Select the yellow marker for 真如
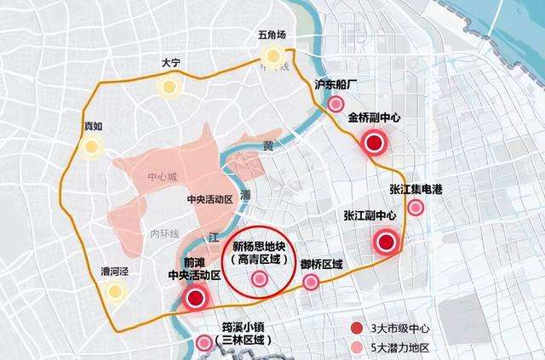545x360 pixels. [x=90, y=146]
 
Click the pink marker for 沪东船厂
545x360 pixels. [x=336, y=104]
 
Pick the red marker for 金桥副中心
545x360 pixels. [x=373, y=144]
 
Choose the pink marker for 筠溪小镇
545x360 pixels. [x=204, y=343]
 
